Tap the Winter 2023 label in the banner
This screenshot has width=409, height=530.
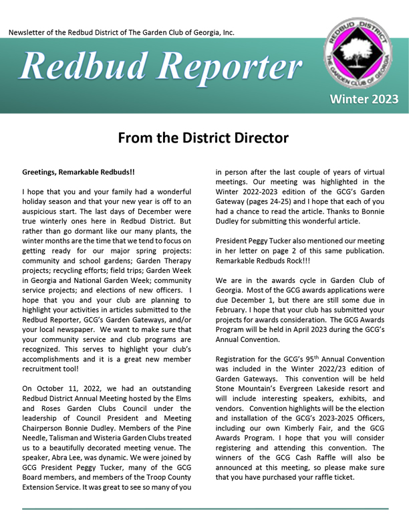pos(360,99)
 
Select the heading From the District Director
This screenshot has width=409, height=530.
pos(203,138)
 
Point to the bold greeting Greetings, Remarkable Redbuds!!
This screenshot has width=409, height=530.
pos(78,172)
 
